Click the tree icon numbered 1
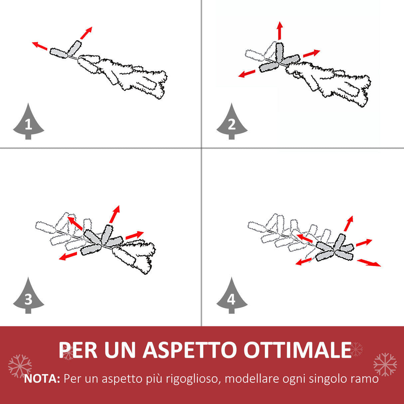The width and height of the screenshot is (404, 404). click(x=28, y=122)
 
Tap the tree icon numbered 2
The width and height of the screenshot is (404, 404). click(x=232, y=122)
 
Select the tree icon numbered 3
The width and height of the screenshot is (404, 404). click(x=28, y=297)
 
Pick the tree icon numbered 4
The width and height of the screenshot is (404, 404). click(x=232, y=297)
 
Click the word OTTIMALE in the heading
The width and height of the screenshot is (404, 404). click(x=298, y=350)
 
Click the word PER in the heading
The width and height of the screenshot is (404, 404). click(x=78, y=350)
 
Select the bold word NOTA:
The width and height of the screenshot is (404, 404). click(x=42, y=379)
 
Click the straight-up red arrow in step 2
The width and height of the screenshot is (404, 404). click(x=280, y=30)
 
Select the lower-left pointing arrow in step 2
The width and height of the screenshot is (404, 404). click(x=247, y=74)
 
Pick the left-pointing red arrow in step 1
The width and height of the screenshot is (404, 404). click(x=40, y=46)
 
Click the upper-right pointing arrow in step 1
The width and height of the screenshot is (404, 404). click(x=86, y=33)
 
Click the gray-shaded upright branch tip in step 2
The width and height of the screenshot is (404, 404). click(x=279, y=51)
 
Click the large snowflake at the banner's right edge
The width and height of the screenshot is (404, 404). click(x=385, y=364)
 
